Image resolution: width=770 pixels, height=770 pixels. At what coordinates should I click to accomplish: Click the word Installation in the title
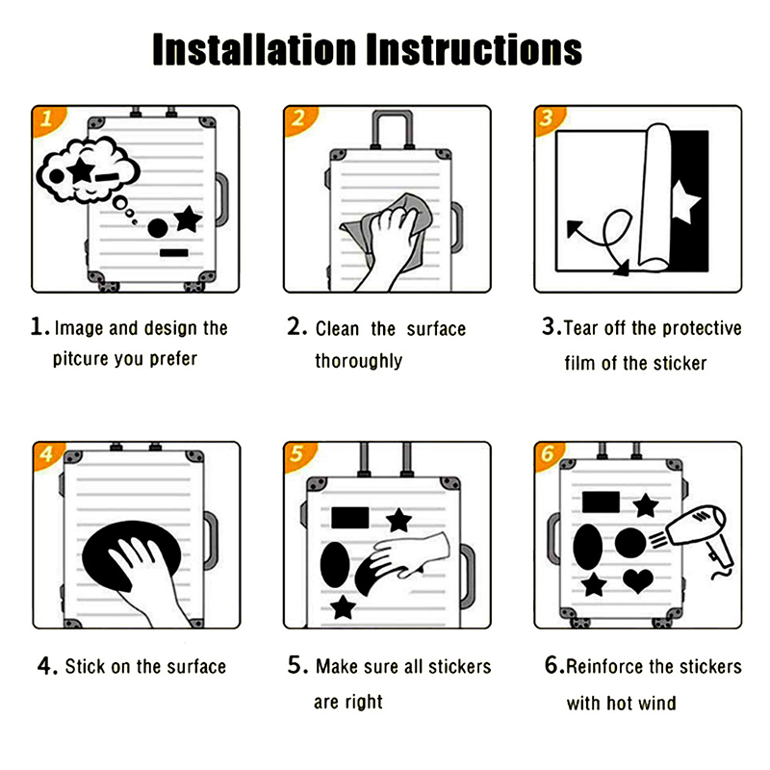click(x=254, y=49)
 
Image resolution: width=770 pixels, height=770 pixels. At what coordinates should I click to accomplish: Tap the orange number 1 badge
click(x=46, y=119)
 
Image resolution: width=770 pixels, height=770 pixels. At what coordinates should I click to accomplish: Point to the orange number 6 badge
click(x=548, y=454)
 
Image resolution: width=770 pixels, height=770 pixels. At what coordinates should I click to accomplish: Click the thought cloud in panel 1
click(x=89, y=170)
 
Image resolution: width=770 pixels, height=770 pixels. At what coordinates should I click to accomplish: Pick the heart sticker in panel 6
click(x=638, y=581)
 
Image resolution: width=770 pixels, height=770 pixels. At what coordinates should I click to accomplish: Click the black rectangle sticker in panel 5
click(x=350, y=518)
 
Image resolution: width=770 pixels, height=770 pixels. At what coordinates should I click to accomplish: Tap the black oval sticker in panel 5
click(x=335, y=565)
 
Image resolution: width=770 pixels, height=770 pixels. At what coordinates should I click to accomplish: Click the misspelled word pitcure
click(x=81, y=359)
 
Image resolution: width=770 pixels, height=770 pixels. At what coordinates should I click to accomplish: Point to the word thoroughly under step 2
click(x=358, y=361)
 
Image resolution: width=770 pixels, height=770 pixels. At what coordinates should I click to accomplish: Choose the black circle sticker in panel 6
click(x=630, y=543)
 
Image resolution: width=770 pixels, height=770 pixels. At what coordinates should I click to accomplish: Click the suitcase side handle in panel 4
click(x=211, y=540)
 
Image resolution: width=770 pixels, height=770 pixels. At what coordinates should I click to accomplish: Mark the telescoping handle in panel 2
click(x=392, y=130)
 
